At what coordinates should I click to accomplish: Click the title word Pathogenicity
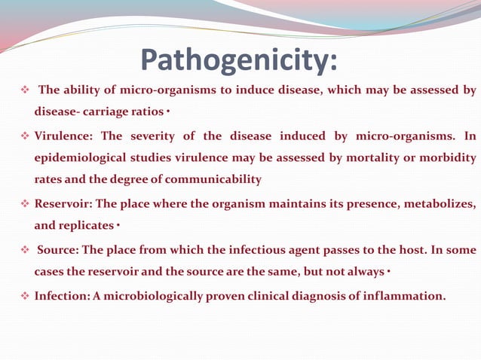pos(239,62)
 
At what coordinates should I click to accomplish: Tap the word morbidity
pos(448,158)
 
